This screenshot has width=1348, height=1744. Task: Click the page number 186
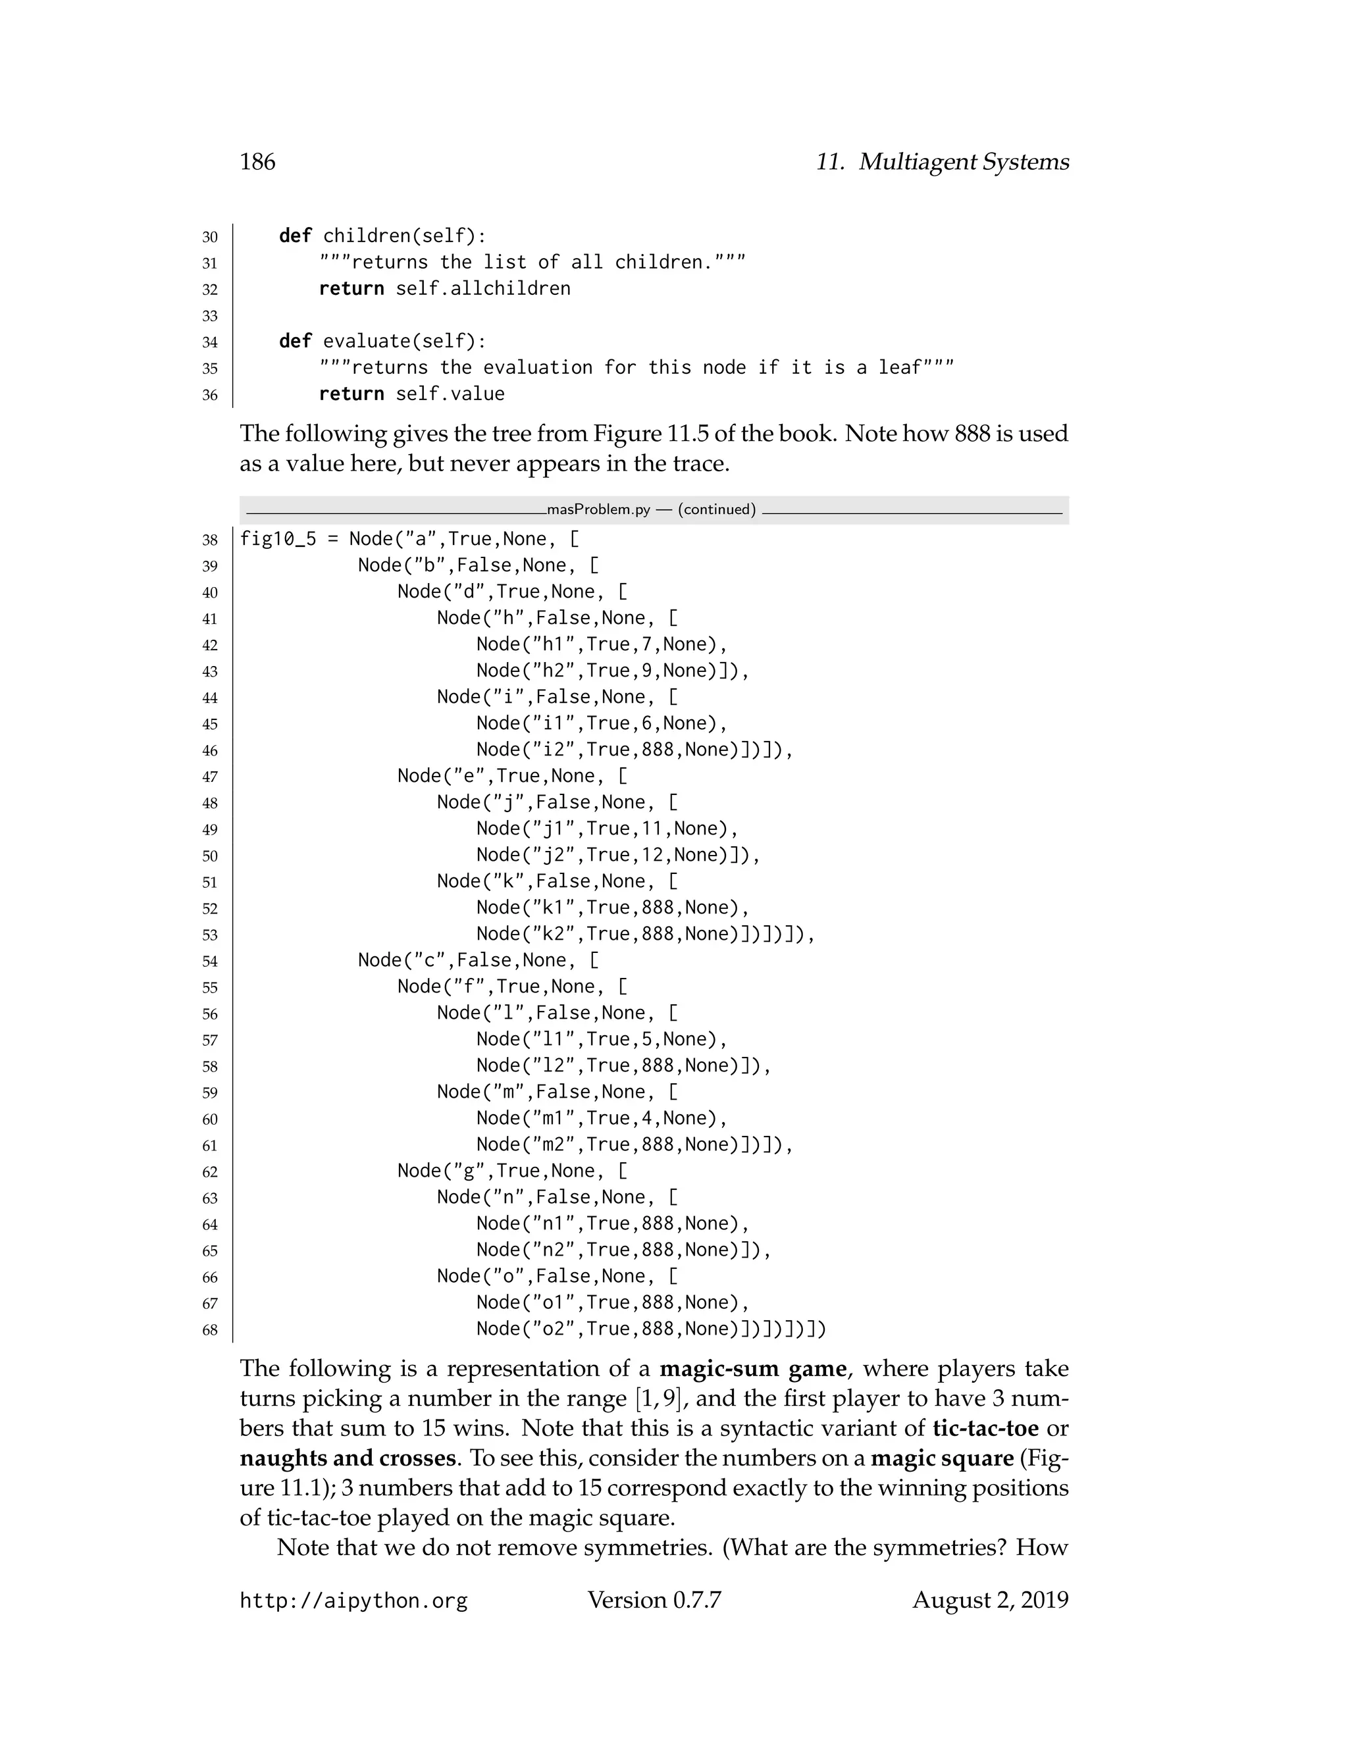click(x=257, y=162)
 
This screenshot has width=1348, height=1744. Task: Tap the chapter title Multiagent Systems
click(x=963, y=162)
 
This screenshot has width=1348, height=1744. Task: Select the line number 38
click(x=210, y=540)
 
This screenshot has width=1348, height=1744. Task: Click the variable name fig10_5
click(x=278, y=539)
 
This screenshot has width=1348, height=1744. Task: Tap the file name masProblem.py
click(x=598, y=509)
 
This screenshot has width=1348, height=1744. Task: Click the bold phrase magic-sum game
click(x=752, y=1369)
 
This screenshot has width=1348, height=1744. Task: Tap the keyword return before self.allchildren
click(x=351, y=288)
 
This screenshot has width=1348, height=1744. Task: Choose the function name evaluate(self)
click(x=404, y=341)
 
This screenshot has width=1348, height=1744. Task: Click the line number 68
click(x=210, y=1330)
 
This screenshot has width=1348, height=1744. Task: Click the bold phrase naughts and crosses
click(x=348, y=1458)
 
